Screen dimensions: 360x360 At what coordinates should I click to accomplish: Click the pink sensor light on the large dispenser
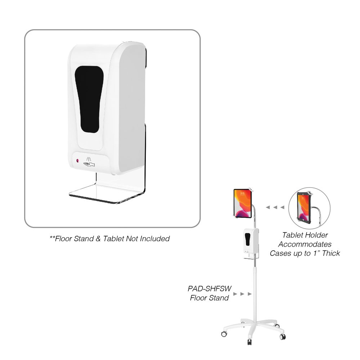[78, 161]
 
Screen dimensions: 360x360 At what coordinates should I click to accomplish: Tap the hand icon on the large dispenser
[89, 164]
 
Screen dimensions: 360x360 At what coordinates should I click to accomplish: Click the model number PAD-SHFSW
[210, 288]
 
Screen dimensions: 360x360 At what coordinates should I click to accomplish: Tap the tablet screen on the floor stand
[242, 203]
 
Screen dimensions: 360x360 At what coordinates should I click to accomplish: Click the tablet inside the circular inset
[304, 208]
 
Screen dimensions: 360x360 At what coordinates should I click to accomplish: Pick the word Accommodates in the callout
[305, 244]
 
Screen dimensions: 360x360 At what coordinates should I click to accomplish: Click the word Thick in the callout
[331, 253]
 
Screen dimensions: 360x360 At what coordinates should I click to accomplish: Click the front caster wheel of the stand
[249, 342]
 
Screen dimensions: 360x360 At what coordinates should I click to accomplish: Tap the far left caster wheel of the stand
[224, 334]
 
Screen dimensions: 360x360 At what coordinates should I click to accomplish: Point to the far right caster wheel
[283, 337]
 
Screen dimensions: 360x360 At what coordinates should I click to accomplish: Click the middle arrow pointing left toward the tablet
[275, 207]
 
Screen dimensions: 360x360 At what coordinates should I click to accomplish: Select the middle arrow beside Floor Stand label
[242, 294]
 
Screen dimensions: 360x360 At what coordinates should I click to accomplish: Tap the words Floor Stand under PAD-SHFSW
[210, 298]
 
